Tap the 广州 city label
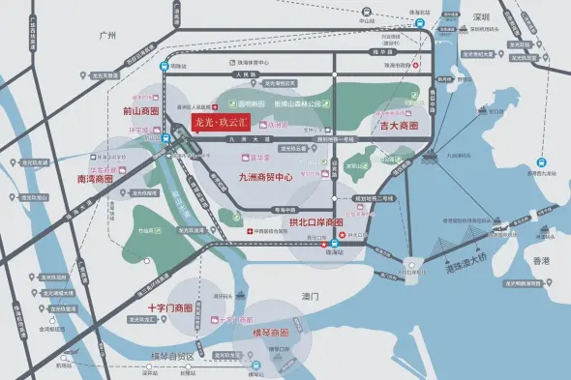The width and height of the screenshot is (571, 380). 107,35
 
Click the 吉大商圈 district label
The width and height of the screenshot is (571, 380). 399,127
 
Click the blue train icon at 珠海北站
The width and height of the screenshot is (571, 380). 163,67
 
